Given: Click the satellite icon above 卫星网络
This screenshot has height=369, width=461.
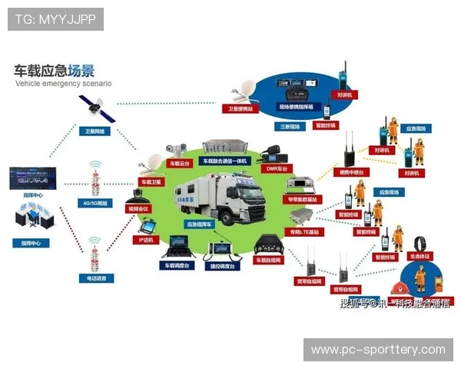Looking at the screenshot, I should point(95,109).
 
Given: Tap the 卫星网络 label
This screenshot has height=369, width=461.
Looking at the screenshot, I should point(96,131).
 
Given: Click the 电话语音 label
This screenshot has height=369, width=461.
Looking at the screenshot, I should point(97,278).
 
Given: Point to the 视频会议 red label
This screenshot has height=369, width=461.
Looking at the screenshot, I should point(139,208).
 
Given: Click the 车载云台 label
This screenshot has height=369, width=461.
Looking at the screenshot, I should point(180,164).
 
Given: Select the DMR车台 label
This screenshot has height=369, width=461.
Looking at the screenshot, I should point(276,168).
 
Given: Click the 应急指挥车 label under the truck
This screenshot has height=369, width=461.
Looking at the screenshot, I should point(199,224).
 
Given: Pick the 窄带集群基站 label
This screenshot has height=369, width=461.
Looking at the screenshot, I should point(304,199).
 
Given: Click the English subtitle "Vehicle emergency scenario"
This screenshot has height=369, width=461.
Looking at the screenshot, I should point(63,82).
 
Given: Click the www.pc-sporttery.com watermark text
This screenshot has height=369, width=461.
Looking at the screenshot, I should point(378,350).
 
